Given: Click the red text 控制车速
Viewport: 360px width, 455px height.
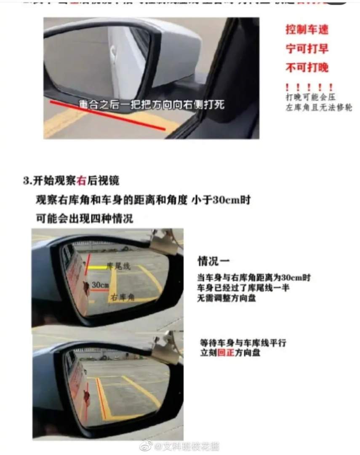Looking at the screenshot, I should point(307,29).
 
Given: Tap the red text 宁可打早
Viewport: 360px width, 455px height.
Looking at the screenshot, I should point(307,48).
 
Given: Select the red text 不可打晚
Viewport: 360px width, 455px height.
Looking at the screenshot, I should point(307,67).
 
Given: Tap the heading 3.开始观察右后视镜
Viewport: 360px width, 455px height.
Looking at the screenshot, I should point(71,180).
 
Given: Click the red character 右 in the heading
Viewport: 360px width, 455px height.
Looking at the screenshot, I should point(82,180).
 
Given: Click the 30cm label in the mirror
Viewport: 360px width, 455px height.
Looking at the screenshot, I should point(100,285).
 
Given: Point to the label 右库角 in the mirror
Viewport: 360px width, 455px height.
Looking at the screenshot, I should point(122,297).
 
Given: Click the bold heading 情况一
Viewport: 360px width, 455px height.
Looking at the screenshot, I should point(213,261).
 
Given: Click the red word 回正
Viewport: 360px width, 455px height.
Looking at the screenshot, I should point(223,353).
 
